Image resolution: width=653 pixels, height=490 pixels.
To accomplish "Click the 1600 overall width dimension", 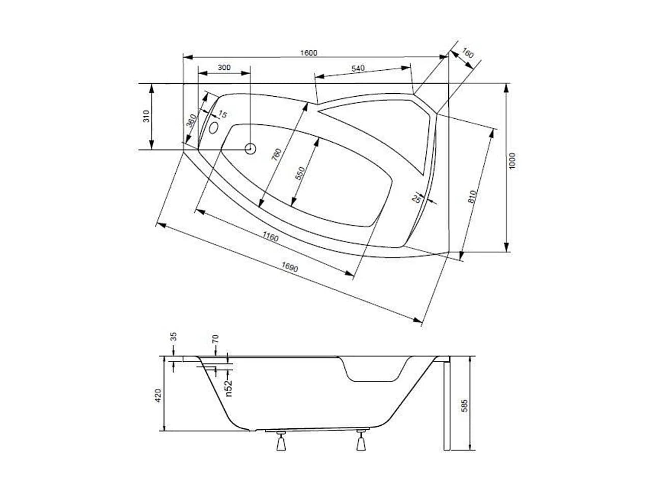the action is (x=309, y=53).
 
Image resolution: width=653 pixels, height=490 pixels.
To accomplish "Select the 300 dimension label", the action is (x=224, y=68).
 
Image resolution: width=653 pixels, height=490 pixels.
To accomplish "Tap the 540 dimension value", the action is (x=358, y=68).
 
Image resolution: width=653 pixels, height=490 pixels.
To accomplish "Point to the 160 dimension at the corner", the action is (x=468, y=54).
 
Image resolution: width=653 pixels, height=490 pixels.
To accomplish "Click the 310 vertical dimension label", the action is (x=146, y=116).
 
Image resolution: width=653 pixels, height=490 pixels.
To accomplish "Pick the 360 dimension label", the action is (x=192, y=120).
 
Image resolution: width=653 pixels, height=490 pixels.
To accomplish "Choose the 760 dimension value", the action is (x=277, y=155).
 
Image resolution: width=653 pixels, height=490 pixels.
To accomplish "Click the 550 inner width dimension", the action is (x=300, y=173).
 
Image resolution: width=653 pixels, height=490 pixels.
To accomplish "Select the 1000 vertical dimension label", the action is (x=512, y=161).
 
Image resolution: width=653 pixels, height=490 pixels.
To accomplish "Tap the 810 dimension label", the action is (x=472, y=197).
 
